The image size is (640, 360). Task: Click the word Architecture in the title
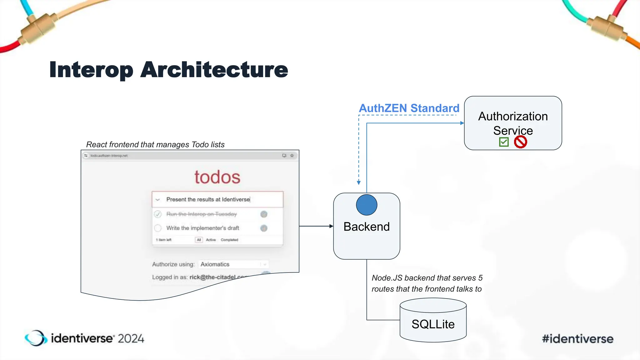click(214, 69)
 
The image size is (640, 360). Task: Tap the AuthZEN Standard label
click(409, 108)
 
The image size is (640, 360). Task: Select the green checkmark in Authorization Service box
click(504, 142)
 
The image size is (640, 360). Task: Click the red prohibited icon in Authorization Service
click(520, 142)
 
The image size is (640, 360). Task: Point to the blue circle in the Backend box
click(367, 205)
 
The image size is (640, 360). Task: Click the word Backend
click(367, 227)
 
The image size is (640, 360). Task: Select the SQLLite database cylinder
click(433, 320)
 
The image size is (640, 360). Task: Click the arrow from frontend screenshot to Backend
click(316, 226)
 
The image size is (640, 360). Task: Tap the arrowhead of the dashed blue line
click(359, 182)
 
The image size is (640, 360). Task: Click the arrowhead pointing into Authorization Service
click(462, 123)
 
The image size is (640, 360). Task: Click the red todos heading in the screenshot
click(217, 177)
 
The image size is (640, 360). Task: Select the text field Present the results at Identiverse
click(217, 199)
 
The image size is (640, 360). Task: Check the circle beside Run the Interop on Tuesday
click(158, 214)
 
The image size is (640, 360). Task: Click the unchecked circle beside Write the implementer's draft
click(158, 228)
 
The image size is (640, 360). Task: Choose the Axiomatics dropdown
click(233, 264)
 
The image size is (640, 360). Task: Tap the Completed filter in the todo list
click(229, 240)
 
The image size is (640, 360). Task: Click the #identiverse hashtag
click(577, 339)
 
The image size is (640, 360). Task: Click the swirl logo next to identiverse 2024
click(36, 338)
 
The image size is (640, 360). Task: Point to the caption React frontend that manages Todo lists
click(155, 144)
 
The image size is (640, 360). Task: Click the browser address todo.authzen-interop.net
click(109, 156)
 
